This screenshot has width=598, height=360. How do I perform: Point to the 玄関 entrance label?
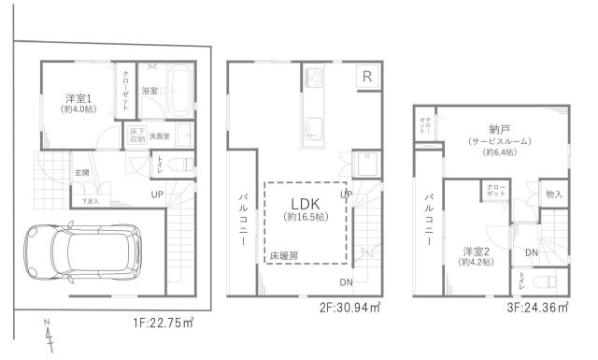coord(82,173)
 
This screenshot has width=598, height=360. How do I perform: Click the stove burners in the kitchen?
coord(312,76)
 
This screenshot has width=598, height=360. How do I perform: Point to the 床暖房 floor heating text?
coord(285,253)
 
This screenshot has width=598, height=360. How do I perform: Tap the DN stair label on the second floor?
coord(345,281)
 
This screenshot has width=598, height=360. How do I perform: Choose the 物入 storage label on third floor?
coord(554,194)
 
